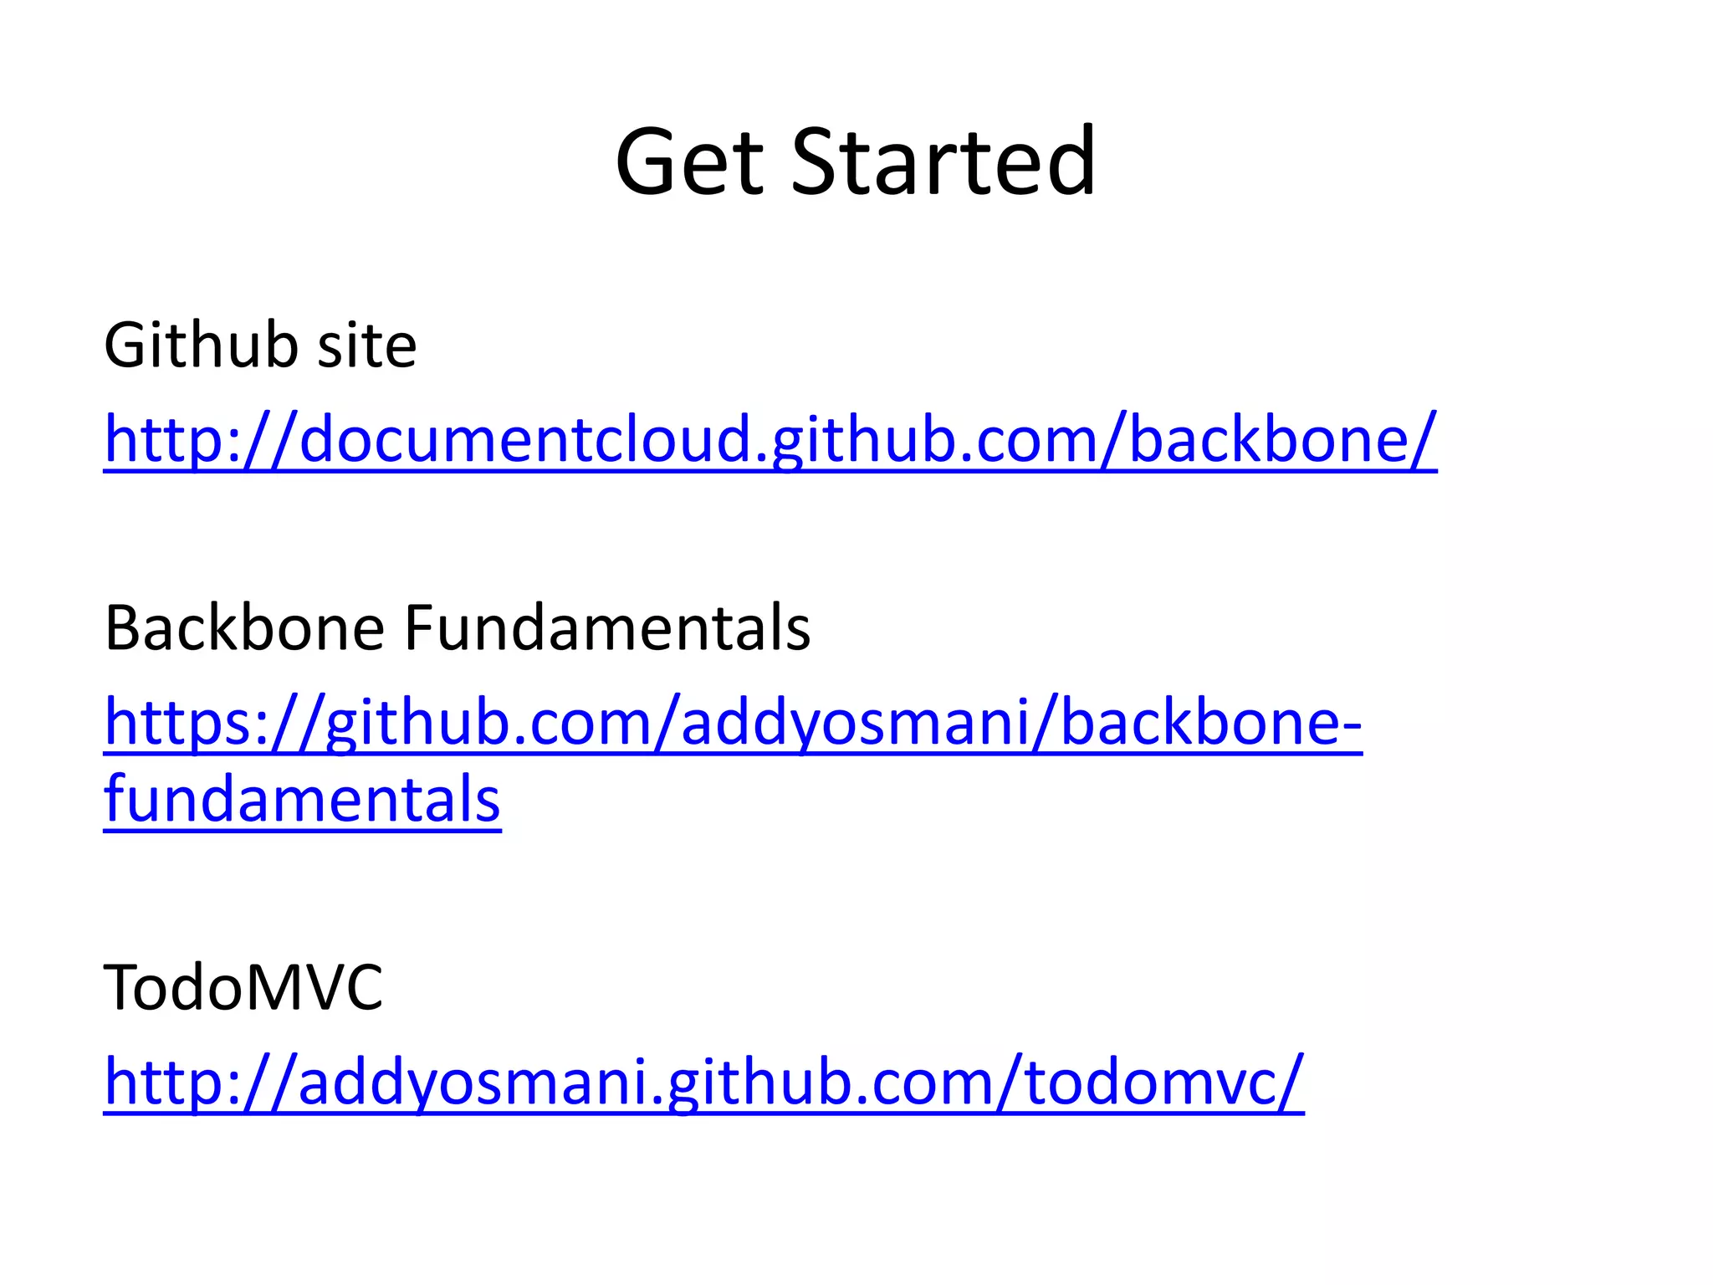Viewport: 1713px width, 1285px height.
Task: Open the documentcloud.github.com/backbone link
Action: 770,440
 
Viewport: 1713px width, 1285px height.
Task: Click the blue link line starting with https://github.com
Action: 733,723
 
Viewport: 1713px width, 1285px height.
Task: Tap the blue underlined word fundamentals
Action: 302,800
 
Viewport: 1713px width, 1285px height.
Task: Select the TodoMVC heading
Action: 243,987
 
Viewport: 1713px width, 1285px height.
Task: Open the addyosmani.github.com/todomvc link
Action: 703,1083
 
